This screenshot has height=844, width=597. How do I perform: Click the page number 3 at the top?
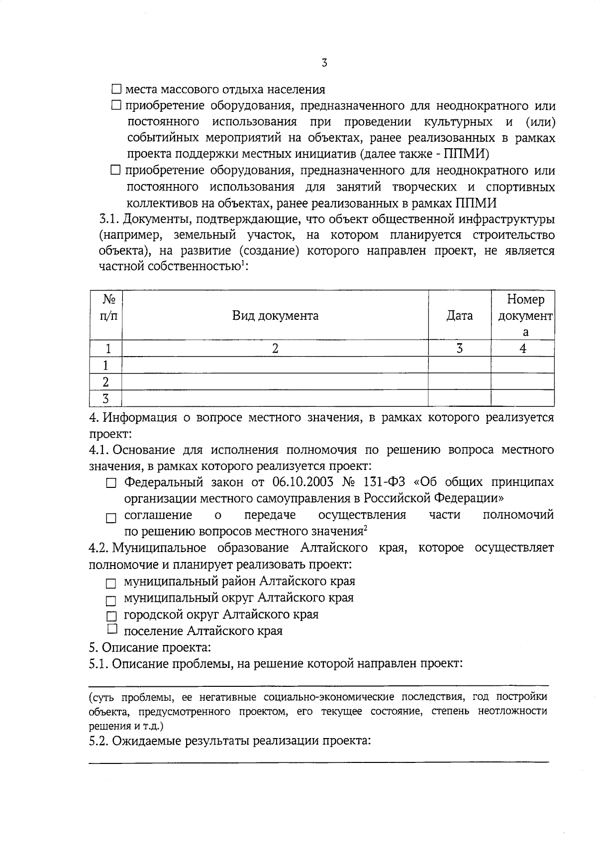click(324, 63)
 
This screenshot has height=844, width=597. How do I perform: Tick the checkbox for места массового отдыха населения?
click(116, 90)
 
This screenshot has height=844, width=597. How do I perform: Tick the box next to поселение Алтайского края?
click(112, 629)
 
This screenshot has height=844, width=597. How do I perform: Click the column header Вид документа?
click(275, 316)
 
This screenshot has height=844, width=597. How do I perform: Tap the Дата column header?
click(459, 316)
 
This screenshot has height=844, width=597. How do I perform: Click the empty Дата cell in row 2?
click(459, 382)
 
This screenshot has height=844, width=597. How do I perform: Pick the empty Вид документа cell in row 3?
click(275, 398)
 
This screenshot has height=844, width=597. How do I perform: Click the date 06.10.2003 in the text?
click(303, 482)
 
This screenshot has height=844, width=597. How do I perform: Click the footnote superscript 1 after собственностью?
click(242, 264)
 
